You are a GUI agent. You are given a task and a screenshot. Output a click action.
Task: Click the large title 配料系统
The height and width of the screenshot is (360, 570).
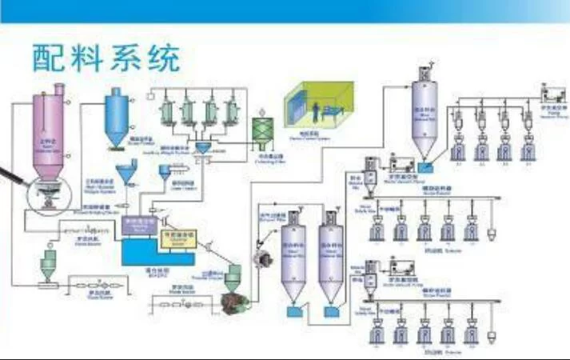coord(106,58)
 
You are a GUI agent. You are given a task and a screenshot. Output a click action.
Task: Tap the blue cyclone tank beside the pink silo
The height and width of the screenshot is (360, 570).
coord(118,113)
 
